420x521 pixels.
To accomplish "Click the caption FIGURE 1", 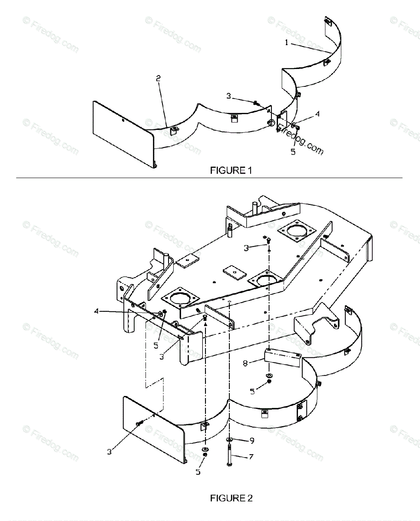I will tap(231, 171).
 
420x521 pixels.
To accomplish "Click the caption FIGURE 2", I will tap(231, 498).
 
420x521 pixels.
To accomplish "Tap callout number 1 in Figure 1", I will tap(287, 43).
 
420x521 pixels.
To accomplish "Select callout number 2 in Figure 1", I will tap(159, 78).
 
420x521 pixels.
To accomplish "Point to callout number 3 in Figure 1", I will tap(228, 96).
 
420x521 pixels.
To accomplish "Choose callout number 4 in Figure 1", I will tap(317, 114).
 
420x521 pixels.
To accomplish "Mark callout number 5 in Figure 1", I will tap(293, 152).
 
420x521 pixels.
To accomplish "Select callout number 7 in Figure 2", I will tap(251, 456).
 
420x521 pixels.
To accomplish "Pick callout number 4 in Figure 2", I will tap(96, 310).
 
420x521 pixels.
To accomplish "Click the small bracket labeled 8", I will tap(282, 357).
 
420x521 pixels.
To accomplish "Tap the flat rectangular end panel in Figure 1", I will tap(123, 125).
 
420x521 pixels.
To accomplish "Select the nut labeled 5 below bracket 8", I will tap(269, 381).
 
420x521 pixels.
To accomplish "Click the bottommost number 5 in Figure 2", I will tap(198, 472).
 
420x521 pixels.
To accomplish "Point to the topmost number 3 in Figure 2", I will tap(246, 248).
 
